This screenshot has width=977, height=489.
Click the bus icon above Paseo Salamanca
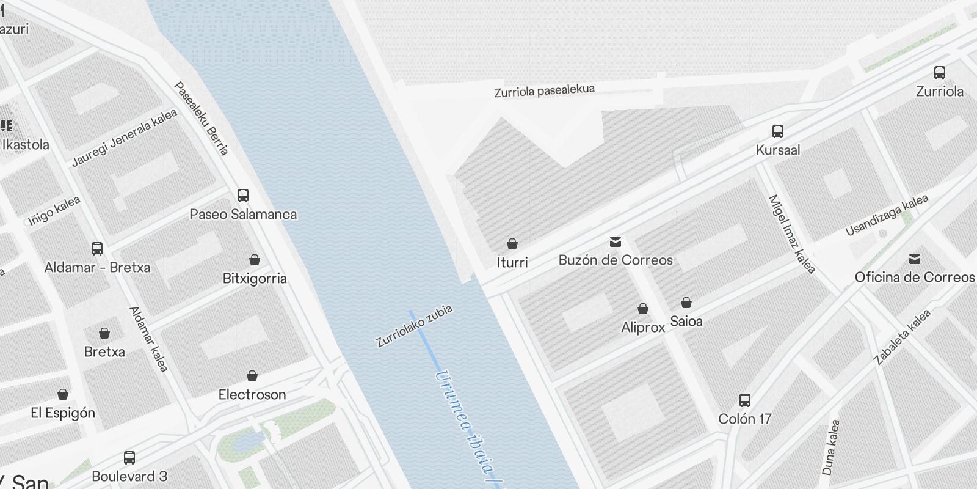point(243,196)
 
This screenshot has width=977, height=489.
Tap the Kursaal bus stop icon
point(778,131)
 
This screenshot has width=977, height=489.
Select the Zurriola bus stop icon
point(940,73)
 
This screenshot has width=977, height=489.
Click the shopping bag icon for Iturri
point(512,244)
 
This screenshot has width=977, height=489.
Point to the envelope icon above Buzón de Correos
point(616,242)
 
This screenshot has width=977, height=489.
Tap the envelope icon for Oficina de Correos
point(915,259)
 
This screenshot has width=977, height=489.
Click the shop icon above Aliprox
point(643,309)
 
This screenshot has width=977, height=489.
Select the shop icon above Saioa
point(686,303)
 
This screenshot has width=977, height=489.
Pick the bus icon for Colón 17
point(745,400)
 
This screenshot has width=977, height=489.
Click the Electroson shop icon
point(252,376)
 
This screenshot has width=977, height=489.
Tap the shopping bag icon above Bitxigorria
point(255,260)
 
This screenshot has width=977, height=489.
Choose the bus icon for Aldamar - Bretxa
point(97,249)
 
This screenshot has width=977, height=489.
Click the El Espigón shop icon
point(63,394)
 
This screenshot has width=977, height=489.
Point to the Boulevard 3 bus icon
point(129,457)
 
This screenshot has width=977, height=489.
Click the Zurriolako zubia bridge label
point(414,326)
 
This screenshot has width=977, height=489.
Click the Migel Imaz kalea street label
point(791,234)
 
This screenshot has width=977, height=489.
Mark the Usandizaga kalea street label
point(887,215)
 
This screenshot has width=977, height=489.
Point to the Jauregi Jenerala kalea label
point(125,138)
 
